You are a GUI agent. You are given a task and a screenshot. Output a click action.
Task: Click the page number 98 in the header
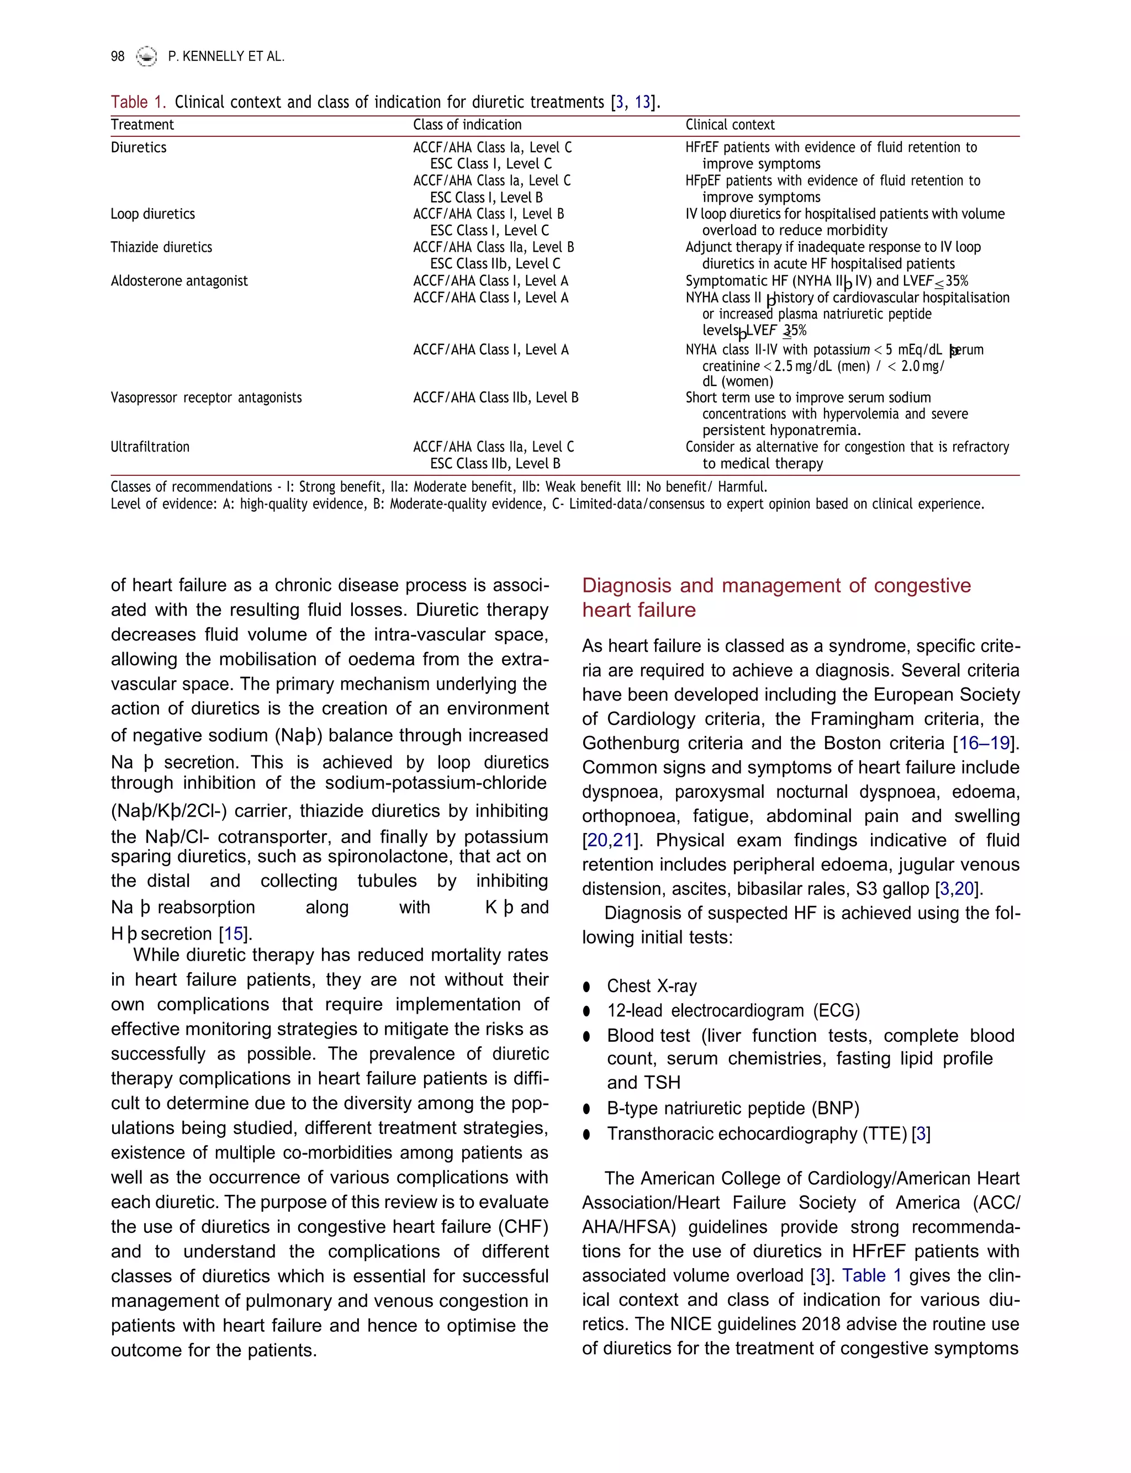tap(117, 56)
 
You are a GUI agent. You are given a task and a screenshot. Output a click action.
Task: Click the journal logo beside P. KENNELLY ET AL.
tap(146, 56)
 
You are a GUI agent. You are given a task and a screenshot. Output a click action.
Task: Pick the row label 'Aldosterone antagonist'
tap(179, 281)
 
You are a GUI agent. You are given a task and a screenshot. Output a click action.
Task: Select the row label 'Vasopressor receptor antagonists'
tap(206, 398)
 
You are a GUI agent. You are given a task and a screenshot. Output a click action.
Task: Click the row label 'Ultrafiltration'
tap(150, 447)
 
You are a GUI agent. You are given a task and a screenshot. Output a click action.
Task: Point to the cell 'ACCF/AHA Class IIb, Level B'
tap(495, 398)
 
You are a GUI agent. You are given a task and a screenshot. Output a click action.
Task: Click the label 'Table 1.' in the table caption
tap(138, 102)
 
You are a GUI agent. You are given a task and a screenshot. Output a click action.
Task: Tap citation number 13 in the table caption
tap(642, 102)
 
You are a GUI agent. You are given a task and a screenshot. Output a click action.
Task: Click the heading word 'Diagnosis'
tap(627, 585)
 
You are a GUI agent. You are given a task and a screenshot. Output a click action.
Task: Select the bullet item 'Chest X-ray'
tap(651, 986)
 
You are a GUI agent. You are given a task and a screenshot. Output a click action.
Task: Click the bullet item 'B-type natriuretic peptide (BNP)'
tap(732, 1108)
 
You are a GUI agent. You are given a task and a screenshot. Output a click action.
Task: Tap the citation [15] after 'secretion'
tap(234, 934)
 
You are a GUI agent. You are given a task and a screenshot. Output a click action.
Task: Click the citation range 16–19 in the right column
tap(984, 743)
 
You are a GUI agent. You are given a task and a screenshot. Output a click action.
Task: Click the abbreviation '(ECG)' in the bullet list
tap(836, 1011)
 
